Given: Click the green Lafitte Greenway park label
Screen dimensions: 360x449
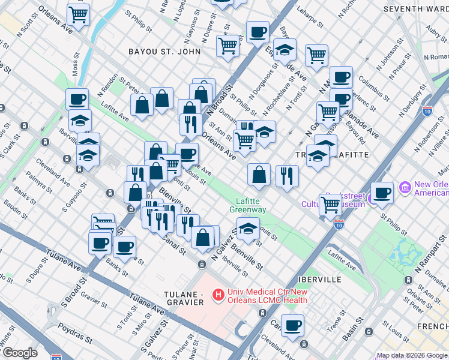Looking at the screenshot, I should click(x=247, y=205).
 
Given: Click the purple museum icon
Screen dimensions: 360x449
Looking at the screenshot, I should click(x=404, y=188).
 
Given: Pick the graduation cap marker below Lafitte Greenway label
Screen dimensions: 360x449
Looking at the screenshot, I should click(x=247, y=228).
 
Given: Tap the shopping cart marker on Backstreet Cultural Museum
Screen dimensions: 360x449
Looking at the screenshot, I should click(x=330, y=204).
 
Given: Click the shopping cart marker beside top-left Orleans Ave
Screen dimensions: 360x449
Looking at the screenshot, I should click(x=78, y=14).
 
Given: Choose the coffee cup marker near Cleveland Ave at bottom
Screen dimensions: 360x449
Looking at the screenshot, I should click(x=293, y=326).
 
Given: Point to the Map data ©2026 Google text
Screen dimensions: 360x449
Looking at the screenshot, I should click(x=412, y=355).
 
